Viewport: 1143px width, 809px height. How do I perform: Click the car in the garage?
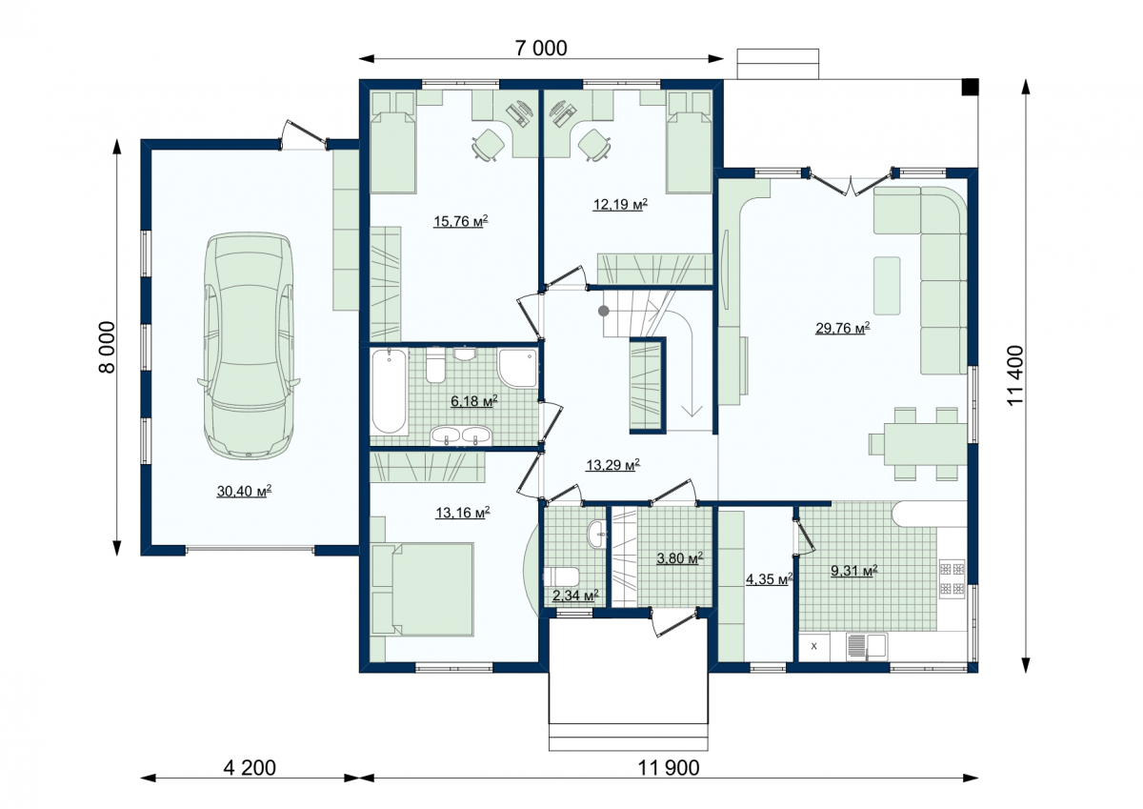pos(249,347)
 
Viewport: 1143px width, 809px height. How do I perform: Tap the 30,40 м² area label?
pos(244,491)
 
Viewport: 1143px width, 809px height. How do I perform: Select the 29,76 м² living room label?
pos(842,328)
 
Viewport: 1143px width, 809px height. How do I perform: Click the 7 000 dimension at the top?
pos(541,49)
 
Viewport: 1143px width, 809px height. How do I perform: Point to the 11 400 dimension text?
pos(1015,375)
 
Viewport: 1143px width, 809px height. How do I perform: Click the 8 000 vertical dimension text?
pos(107,347)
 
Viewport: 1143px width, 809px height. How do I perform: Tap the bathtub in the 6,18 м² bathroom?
pos(389,391)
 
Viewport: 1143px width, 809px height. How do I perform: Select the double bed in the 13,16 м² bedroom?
pos(423,590)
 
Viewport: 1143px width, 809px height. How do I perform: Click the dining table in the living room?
pos(926,444)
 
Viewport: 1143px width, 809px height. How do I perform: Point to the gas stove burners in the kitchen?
pos(952,578)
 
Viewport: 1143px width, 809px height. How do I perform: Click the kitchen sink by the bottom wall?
pos(867,647)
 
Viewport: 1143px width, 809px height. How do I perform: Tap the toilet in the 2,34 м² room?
pos(561,576)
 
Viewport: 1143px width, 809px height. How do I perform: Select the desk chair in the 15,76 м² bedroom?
pos(489,145)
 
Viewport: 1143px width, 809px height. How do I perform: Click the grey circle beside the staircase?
pos(604,311)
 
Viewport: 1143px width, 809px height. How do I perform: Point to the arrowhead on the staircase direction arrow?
pos(692,411)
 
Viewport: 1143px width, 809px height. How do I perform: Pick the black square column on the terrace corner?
pos(970,87)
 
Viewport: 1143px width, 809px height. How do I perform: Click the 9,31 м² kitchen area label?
pos(854,570)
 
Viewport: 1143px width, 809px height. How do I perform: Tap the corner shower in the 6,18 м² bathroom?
pos(517,368)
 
